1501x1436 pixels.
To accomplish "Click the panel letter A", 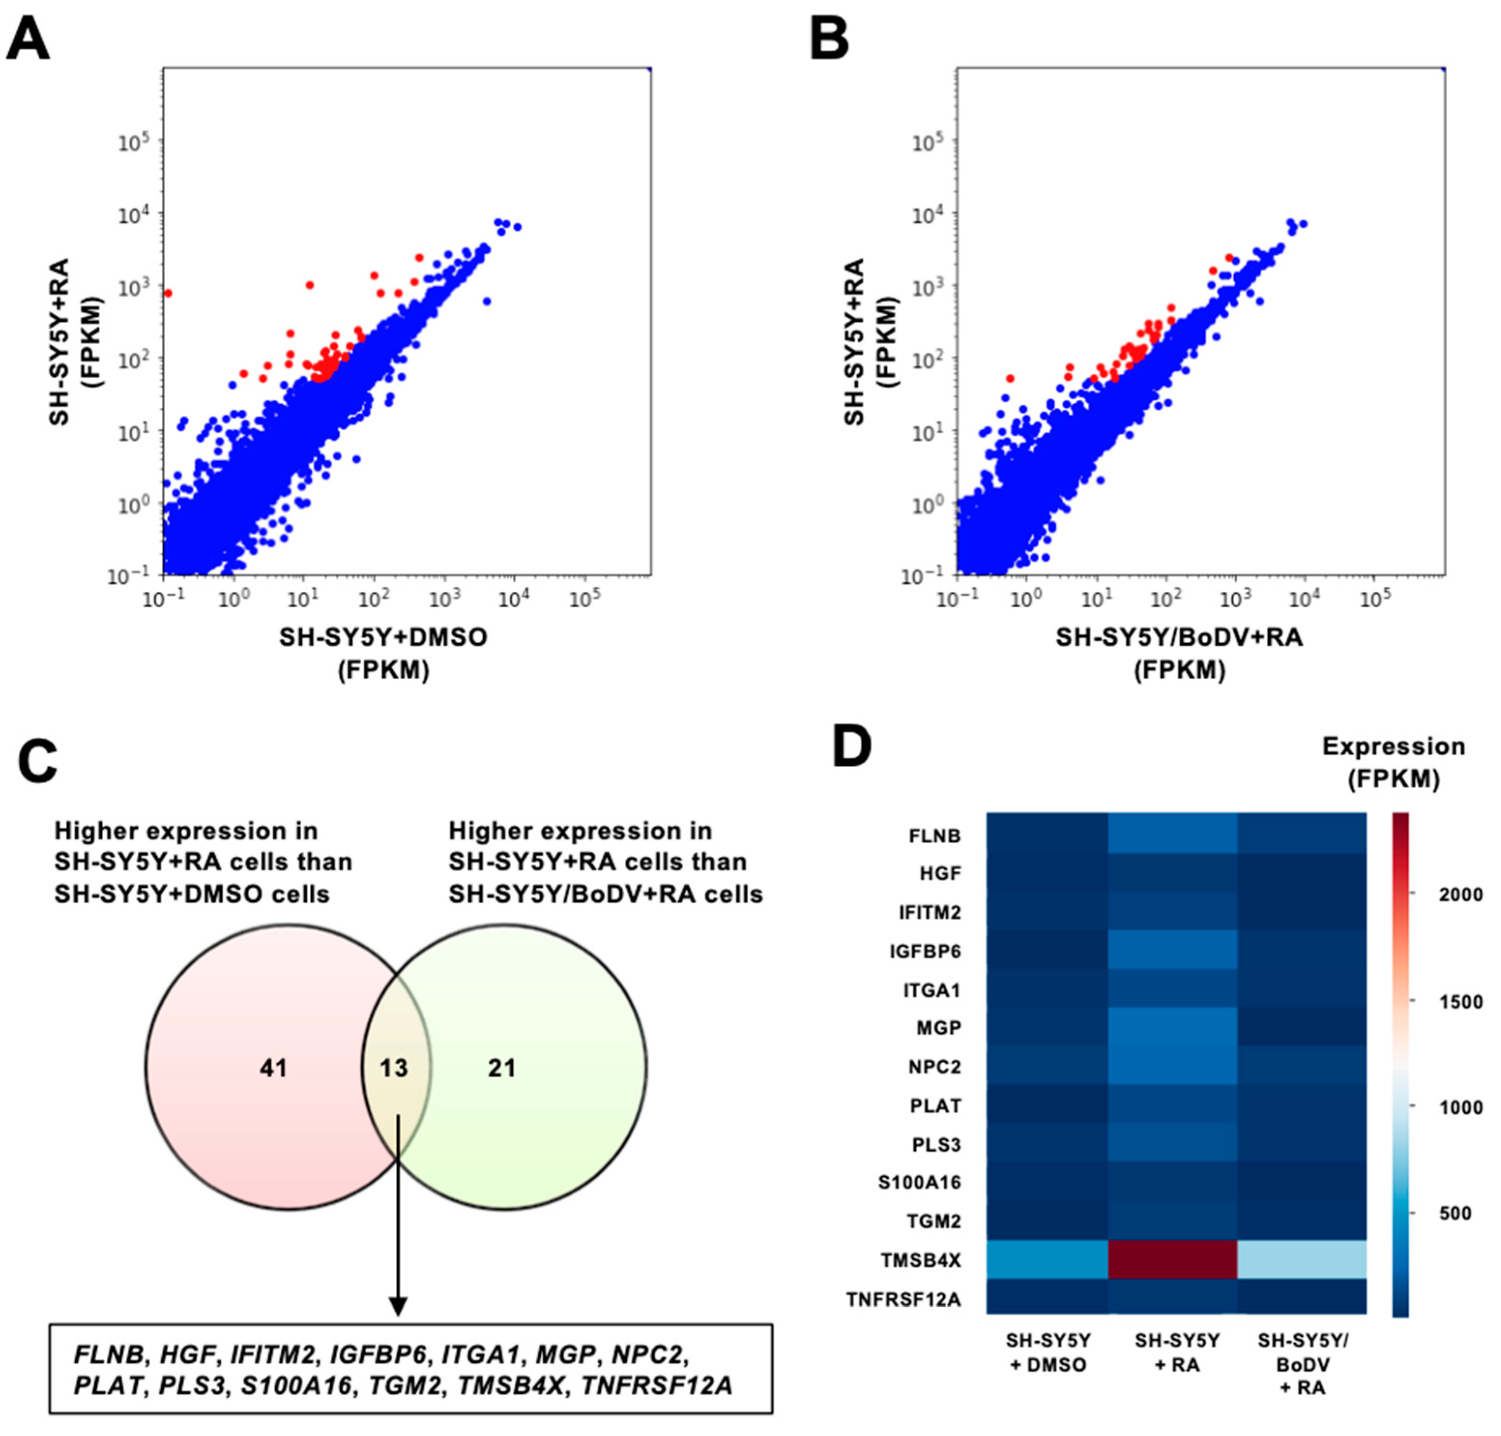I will click(x=29, y=40).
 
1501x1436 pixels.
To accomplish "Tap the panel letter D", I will click(x=852, y=747).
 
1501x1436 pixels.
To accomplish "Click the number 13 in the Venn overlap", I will click(x=394, y=1068).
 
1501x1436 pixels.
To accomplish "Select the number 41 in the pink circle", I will click(x=273, y=1068).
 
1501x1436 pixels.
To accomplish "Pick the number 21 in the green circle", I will click(x=502, y=1068).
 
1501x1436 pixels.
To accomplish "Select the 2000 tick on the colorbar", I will click(x=1460, y=894).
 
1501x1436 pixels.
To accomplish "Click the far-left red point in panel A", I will click(x=168, y=293).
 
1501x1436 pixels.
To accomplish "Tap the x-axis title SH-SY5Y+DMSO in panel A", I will click(x=383, y=638).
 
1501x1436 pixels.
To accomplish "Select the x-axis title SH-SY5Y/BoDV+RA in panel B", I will click(x=1179, y=638).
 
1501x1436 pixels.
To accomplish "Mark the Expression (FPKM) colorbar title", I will click(x=1393, y=762).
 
